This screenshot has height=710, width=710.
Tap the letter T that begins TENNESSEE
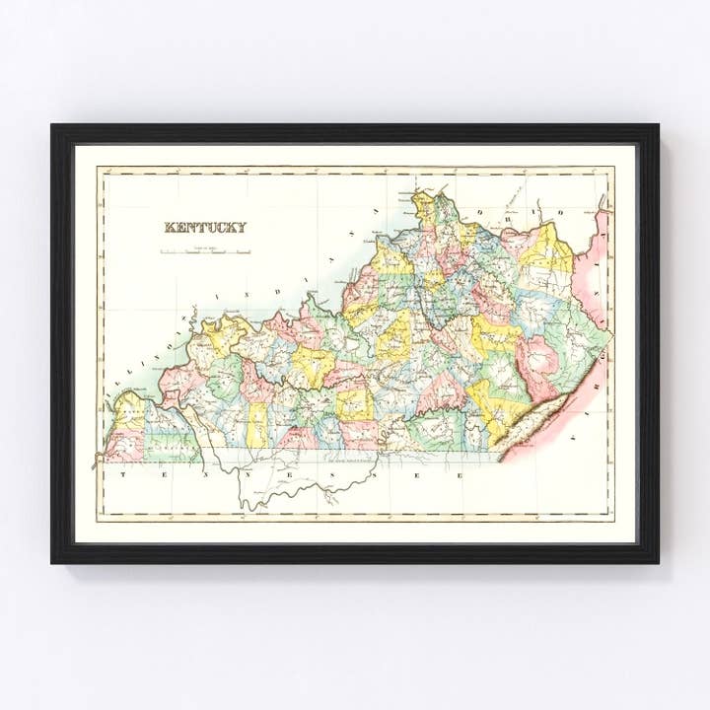[124, 474]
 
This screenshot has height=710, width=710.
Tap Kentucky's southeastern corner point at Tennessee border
[498, 460]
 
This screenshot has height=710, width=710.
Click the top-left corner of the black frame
[53, 126]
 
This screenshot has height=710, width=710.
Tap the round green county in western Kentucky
[226, 376]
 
